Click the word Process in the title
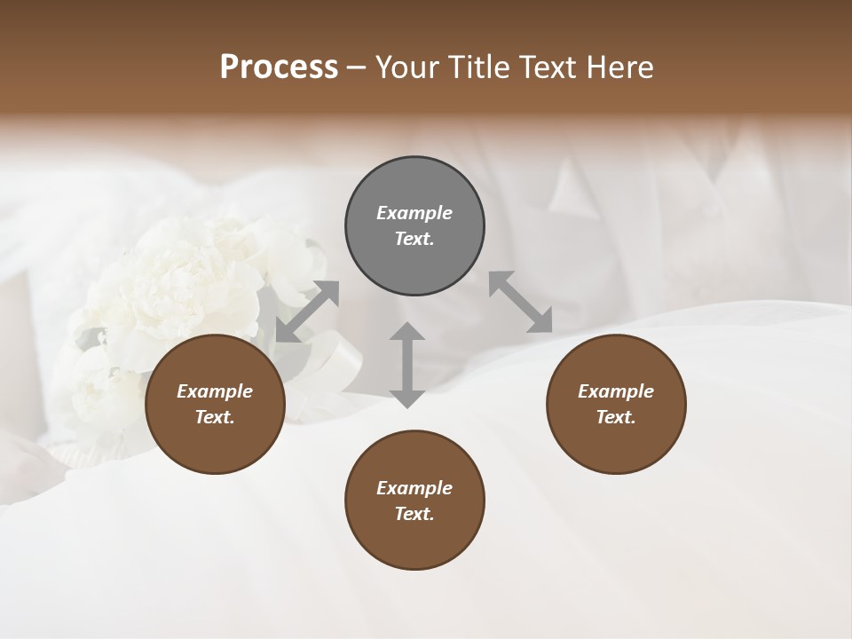click(x=279, y=67)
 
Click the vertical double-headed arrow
click(x=407, y=365)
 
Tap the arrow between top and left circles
click(x=307, y=312)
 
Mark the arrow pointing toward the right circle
click(x=521, y=302)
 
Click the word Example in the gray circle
click(x=414, y=213)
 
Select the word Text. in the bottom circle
click(x=414, y=514)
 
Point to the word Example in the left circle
click(x=215, y=391)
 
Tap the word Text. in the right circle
click(x=616, y=417)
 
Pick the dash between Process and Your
click(x=356, y=68)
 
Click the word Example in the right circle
click(x=616, y=391)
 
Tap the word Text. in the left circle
click(x=215, y=417)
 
